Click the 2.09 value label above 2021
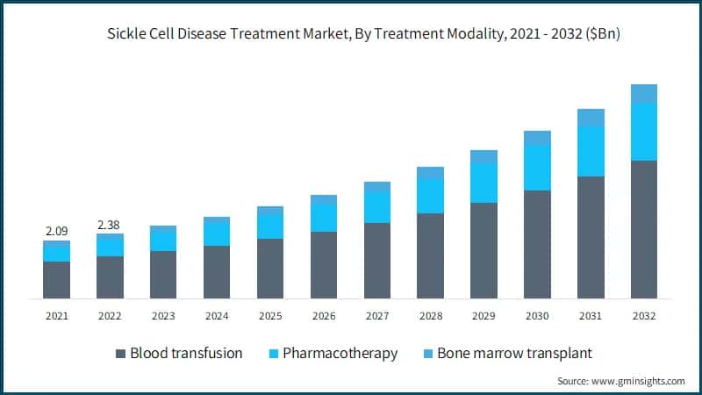coord(56,231)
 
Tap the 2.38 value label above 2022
coord(110,224)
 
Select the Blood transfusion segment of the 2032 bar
coord(644,229)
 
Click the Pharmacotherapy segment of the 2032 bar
coord(644,132)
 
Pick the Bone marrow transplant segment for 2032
coord(644,94)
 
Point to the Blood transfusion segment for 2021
coord(56,279)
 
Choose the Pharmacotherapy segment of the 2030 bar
coord(537,168)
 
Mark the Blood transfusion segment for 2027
coord(377,260)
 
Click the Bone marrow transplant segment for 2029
coord(484,156)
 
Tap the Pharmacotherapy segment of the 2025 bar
coord(270,226)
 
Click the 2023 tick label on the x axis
coord(163,315)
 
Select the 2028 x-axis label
coord(430,315)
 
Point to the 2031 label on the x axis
coord(591,315)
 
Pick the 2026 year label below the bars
coord(324,315)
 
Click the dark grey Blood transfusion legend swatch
coord(120,354)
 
